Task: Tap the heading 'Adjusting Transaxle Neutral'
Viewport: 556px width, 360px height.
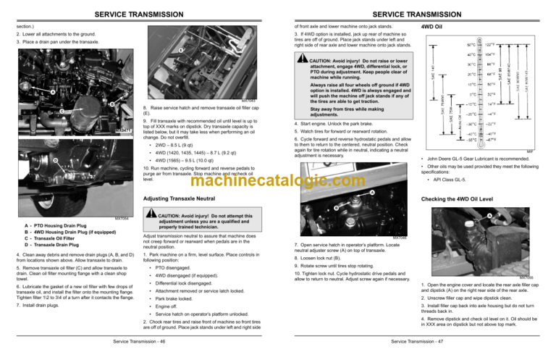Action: pyautogui.click(x=179, y=198)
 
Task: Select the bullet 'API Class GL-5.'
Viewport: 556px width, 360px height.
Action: pyautogui.click(x=447, y=180)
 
